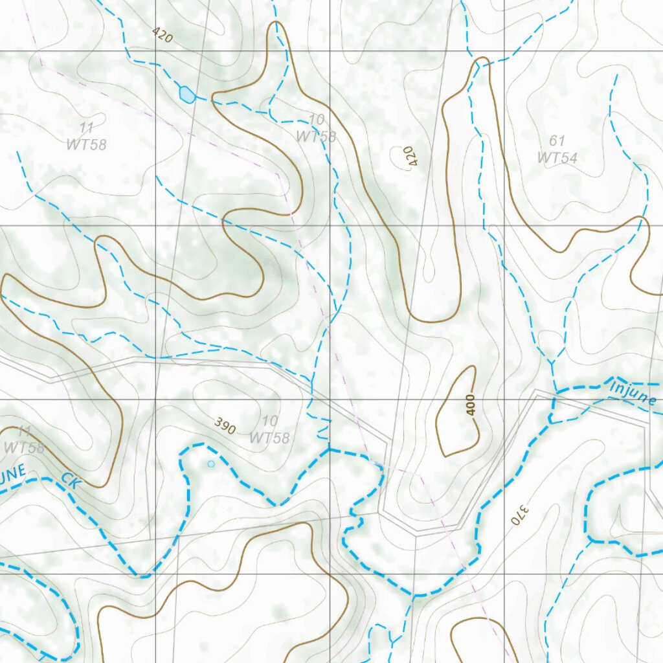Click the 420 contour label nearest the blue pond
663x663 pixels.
pyautogui.click(x=164, y=36)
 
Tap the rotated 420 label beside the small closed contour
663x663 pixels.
pyautogui.click(x=408, y=157)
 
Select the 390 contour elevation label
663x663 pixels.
pyautogui.click(x=225, y=425)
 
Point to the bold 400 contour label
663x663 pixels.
pyautogui.click(x=470, y=405)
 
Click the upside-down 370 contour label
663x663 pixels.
pyautogui.click(x=516, y=515)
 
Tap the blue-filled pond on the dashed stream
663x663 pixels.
pyautogui.click(x=186, y=95)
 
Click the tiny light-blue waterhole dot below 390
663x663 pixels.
pyautogui.click(x=210, y=464)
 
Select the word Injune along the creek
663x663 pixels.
pyautogui.click(x=633, y=392)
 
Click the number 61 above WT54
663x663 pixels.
pyautogui.click(x=557, y=140)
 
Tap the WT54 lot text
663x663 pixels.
pyautogui.click(x=557, y=157)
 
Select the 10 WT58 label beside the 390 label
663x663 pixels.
pyautogui.click(x=269, y=431)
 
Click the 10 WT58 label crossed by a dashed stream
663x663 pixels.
pyautogui.click(x=316, y=128)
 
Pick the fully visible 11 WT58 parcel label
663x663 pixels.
pyautogui.click(x=86, y=136)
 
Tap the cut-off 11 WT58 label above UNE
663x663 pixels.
pyautogui.click(x=23, y=440)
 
